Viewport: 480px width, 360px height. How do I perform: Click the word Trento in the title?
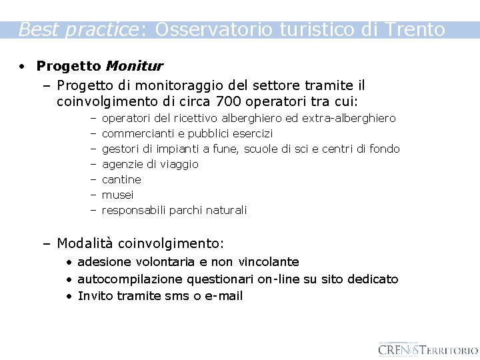tap(415, 29)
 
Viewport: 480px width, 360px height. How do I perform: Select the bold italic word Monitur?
tap(134, 66)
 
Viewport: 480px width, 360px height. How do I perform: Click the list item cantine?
tap(121, 179)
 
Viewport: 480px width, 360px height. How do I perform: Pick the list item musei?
tap(117, 195)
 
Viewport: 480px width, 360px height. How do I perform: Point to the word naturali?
tap(226, 210)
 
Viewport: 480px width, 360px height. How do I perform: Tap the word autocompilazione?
tap(130, 279)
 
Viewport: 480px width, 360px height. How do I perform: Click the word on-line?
tap(279, 279)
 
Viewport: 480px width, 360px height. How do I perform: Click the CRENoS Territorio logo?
tap(427, 349)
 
